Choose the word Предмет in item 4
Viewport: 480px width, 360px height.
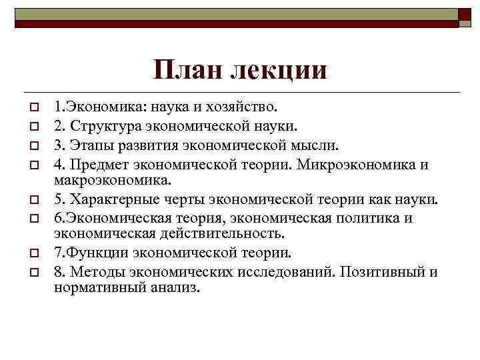click(x=103, y=164)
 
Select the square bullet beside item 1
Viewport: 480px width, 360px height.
click(x=31, y=107)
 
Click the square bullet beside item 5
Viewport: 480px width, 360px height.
click(x=31, y=199)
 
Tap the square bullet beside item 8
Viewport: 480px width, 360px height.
click(x=31, y=273)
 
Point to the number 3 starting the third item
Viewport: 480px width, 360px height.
click(x=58, y=145)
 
